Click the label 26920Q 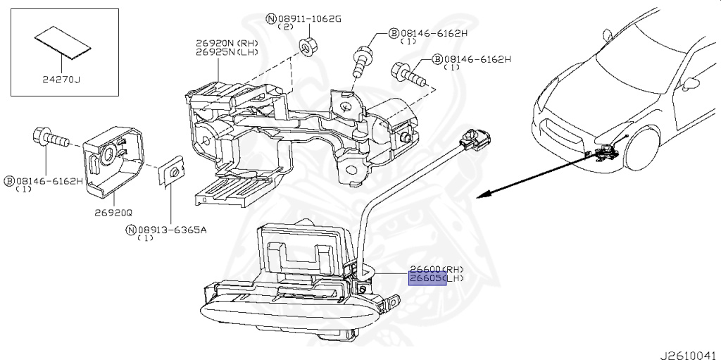108,211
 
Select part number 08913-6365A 172,229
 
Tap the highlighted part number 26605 427,279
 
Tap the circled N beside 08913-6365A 130,229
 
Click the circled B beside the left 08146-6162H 9,181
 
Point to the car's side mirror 690,84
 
